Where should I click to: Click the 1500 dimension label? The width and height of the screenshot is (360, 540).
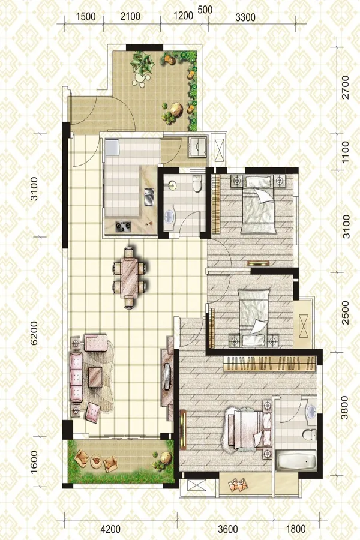[86, 16]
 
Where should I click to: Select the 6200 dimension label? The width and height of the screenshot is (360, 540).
[34, 333]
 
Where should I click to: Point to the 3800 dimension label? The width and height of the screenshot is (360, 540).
[344, 407]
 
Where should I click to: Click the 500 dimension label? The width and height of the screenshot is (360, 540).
[205, 10]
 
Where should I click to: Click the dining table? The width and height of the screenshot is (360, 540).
[129, 278]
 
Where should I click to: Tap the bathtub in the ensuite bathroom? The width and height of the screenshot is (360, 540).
[297, 461]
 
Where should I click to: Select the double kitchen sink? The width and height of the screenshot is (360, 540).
[149, 197]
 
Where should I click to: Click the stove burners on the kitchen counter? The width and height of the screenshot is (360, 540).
[124, 226]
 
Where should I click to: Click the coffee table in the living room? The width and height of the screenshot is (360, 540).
[95, 377]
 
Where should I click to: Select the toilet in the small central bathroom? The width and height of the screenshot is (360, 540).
[197, 184]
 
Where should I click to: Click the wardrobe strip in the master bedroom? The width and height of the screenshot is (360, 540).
[270, 364]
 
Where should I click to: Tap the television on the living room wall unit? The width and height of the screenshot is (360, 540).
[167, 377]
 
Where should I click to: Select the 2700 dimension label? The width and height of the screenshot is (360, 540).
[345, 88]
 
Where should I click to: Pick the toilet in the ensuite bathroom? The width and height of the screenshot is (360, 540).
[310, 434]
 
